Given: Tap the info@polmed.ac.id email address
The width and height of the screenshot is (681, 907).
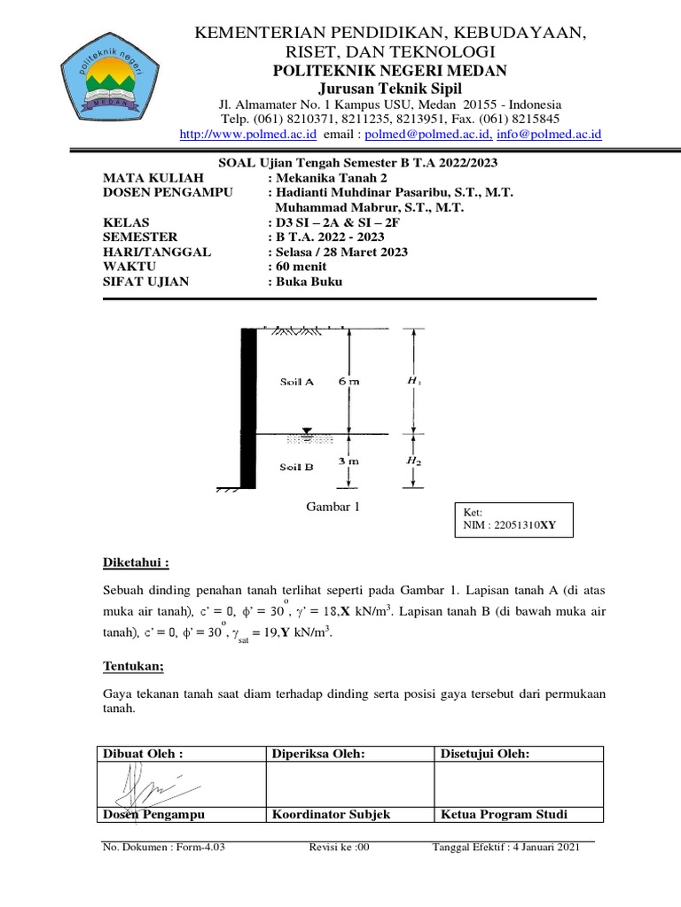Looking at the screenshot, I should coord(549,135).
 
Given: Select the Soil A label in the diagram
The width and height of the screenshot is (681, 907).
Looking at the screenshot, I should coord(296,382).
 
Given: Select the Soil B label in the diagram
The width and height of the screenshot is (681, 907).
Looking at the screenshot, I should coord(296,467).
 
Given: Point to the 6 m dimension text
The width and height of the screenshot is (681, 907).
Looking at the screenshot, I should coord(348,382).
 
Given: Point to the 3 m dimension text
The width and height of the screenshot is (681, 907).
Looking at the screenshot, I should coord(348,461).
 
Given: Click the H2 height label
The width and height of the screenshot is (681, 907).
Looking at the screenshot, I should coord(413,461).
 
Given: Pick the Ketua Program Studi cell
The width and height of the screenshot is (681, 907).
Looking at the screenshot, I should coord(504,815).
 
